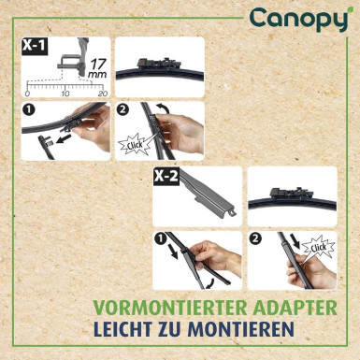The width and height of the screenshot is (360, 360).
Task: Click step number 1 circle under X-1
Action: [28, 110]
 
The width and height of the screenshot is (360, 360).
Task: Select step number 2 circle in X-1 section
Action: [122, 110]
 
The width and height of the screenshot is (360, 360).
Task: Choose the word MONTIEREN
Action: [249, 331]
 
